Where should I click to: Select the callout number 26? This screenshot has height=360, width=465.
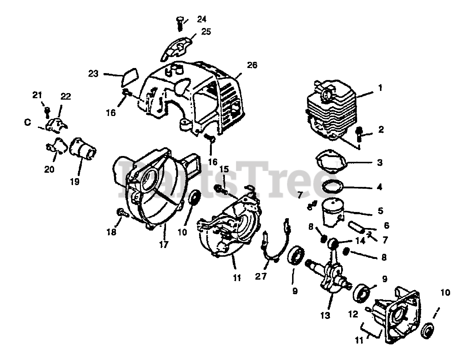click(x=252, y=65)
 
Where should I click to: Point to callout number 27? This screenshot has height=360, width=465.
click(x=261, y=276)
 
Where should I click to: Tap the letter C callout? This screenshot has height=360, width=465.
click(x=28, y=123)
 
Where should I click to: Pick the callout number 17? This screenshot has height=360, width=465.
click(x=164, y=244)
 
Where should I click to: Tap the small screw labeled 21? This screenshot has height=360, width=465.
click(x=47, y=111)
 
